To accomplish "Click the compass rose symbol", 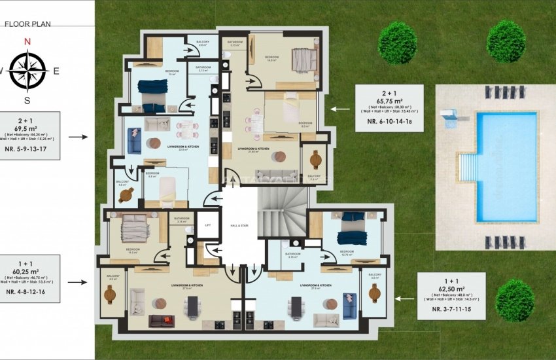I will point(27,70).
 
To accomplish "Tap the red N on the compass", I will point(27,41).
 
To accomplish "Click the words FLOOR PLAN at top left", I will point(27,24).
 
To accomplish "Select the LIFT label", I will point(208,225).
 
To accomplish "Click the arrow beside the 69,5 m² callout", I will point(77,137).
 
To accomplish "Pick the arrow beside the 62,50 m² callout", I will point(404,298).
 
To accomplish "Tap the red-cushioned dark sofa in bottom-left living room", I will point(161,321).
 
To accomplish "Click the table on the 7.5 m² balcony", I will point(315,160).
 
